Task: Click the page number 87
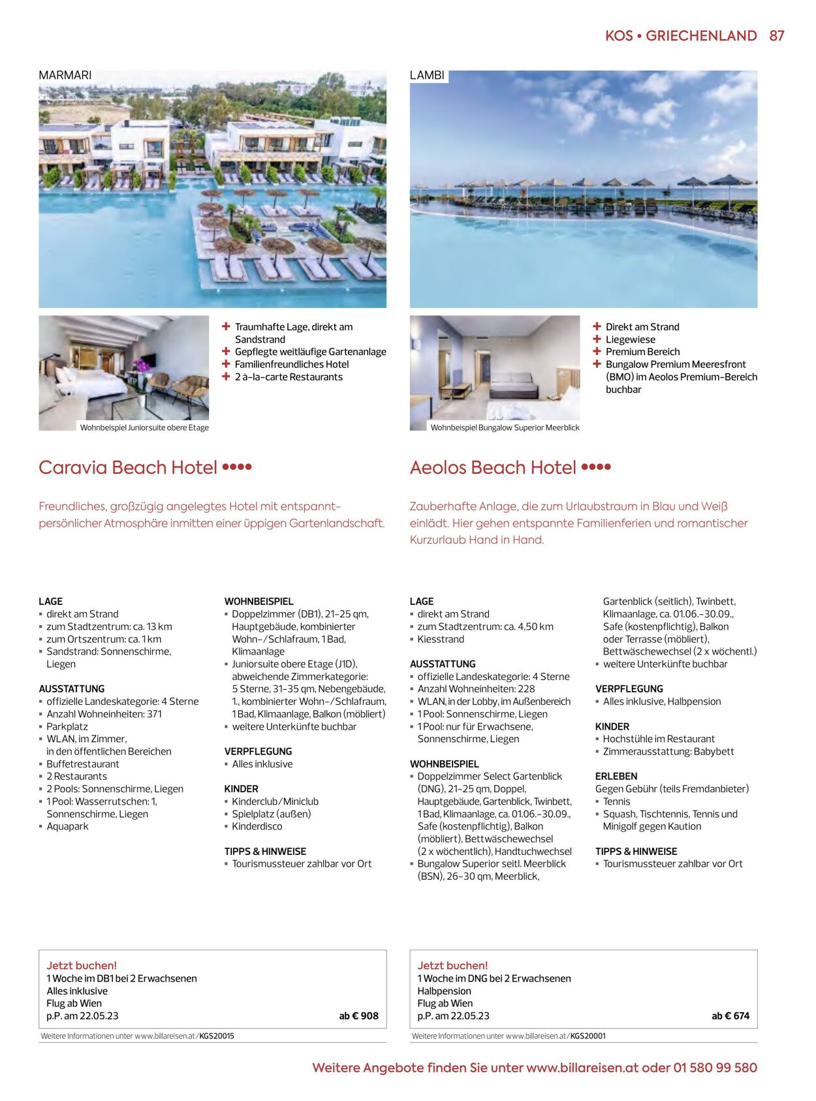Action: (776, 36)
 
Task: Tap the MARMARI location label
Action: (65, 75)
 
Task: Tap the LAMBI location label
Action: (427, 75)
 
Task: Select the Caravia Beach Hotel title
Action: (128, 467)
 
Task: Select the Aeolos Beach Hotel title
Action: (493, 467)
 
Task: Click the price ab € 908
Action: (358, 1016)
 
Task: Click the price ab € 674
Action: (730, 1016)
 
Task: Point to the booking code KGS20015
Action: (217, 1036)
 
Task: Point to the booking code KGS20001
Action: (588, 1036)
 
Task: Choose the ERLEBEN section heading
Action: (616, 776)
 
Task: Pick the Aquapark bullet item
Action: (67, 826)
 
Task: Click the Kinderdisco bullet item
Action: (257, 826)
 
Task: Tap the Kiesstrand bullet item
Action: (441, 639)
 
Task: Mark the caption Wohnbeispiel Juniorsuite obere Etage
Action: (144, 427)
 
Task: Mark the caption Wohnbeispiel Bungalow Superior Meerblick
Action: (505, 427)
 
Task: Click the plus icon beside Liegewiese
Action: (597, 339)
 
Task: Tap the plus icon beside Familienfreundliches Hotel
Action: (226, 364)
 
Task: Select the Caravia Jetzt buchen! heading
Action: (82, 965)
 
